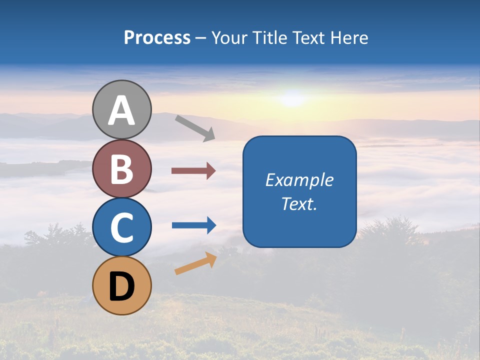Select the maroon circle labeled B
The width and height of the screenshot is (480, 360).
click(122, 169)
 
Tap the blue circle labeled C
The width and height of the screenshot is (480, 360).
click(122, 227)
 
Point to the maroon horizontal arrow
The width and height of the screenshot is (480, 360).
click(193, 171)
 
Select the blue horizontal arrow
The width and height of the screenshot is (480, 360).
click(194, 225)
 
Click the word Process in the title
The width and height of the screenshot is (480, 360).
click(157, 38)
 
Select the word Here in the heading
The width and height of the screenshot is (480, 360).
click(350, 38)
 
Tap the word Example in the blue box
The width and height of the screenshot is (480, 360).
click(299, 180)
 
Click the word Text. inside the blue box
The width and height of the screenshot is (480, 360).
click(299, 204)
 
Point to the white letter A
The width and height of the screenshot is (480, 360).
click(122, 111)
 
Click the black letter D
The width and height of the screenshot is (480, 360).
click(122, 287)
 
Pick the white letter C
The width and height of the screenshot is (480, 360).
click(122, 227)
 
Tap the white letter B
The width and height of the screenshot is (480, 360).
click(122, 169)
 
